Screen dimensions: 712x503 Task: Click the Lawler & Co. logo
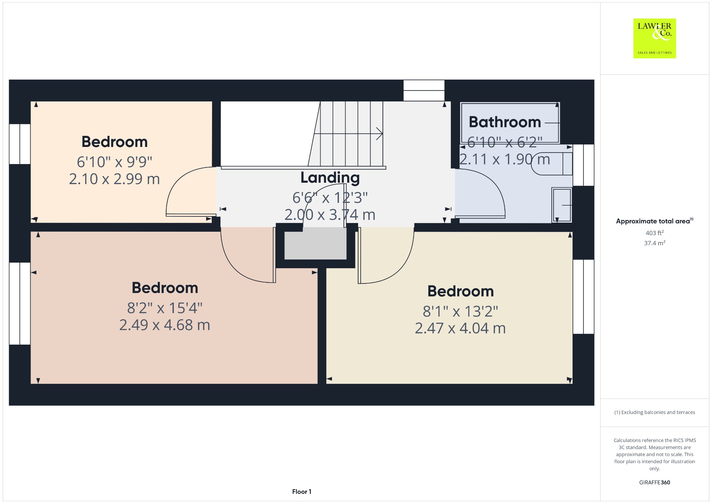655,38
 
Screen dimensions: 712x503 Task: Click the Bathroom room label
505,122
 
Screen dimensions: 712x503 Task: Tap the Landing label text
330,178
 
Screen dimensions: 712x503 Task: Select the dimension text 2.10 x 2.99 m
114,179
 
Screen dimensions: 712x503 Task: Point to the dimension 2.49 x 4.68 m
165,325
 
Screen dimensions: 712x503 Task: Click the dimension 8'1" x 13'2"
460,311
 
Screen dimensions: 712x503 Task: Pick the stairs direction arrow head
380,134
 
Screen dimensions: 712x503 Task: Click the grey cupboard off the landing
315,245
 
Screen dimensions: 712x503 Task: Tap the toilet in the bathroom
552,164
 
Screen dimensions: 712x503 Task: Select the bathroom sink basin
562,205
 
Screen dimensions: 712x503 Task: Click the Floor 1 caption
302,492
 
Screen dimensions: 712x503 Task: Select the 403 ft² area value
655,233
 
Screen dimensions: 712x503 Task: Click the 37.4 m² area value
655,243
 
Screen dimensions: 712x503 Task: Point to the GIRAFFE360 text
655,483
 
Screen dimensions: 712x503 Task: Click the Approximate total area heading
655,221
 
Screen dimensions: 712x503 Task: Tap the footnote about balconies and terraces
655,412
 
